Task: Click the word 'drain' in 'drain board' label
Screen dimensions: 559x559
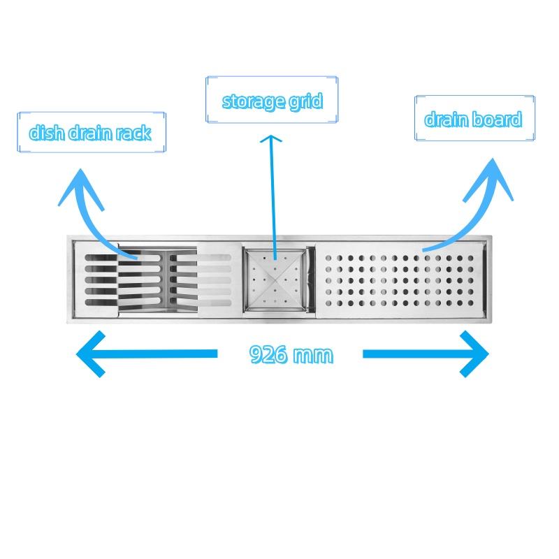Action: coord(447,119)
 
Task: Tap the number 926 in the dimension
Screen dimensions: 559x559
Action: coord(268,355)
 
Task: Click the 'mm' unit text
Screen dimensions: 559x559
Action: coord(312,356)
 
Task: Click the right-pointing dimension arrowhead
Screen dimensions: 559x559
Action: coord(474,354)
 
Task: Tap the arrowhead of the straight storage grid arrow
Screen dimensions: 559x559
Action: coord(271,138)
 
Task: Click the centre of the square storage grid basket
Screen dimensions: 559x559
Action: coord(275,279)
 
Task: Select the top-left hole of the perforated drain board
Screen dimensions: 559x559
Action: coord(328,258)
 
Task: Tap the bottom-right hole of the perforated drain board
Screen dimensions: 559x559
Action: coord(470,303)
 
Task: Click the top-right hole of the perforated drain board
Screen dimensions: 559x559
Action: coord(470,258)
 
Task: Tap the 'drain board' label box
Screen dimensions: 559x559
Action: coord(474,118)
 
